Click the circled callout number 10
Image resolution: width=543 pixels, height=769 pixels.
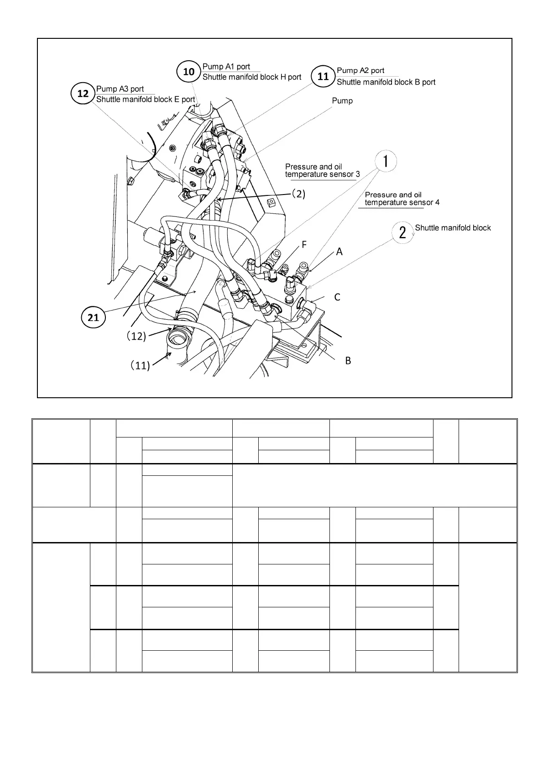(189, 72)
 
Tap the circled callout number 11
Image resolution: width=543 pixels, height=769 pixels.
(323, 76)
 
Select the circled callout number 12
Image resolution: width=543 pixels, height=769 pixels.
(83, 94)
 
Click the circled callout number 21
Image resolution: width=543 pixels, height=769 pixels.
(93, 317)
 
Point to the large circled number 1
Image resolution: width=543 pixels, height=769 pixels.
(386, 161)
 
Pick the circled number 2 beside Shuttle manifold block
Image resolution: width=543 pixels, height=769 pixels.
(402, 232)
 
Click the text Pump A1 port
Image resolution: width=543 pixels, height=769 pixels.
(226, 67)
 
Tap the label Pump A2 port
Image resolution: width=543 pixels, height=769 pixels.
(360, 70)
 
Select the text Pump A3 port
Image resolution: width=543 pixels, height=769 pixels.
(120, 89)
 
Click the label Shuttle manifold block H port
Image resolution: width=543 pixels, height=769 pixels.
(252, 77)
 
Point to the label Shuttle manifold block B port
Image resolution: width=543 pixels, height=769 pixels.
(386, 82)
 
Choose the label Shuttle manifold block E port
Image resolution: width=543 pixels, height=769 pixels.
(146, 99)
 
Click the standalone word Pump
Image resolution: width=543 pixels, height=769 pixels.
(342, 100)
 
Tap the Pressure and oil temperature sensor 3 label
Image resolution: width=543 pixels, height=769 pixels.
(322, 170)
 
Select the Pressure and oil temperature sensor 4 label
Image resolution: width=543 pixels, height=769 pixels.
(402, 199)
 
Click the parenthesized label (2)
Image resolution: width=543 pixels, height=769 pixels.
(298, 194)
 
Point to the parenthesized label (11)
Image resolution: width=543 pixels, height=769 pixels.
(139, 365)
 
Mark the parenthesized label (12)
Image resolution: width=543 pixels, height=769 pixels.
(136, 337)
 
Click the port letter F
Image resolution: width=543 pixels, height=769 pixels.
(304, 245)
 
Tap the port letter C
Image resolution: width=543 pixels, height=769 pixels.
(337, 297)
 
